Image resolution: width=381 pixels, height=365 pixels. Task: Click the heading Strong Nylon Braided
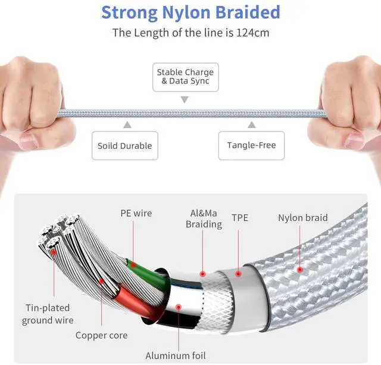[190, 13]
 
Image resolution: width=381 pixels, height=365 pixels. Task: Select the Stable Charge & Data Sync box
[185, 77]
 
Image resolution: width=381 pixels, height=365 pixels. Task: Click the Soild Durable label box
[125, 145]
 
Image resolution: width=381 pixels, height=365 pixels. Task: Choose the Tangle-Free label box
[251, 145]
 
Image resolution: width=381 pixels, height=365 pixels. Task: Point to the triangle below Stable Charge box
[185, 99]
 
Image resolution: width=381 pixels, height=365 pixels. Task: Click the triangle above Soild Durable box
[126, 124]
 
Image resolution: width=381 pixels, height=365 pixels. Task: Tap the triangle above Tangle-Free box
[251, 124]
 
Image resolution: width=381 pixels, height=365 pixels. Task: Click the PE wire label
[136, 213]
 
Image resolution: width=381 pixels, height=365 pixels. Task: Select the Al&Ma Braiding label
[204, 219]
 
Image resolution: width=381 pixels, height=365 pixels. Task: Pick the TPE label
[241, 218]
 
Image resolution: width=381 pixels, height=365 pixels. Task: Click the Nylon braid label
[302, 218]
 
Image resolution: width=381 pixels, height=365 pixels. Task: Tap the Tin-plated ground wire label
[48, 314]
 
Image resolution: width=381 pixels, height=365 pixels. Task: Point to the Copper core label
[101, 335]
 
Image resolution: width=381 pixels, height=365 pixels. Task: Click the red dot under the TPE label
[238, 274]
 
